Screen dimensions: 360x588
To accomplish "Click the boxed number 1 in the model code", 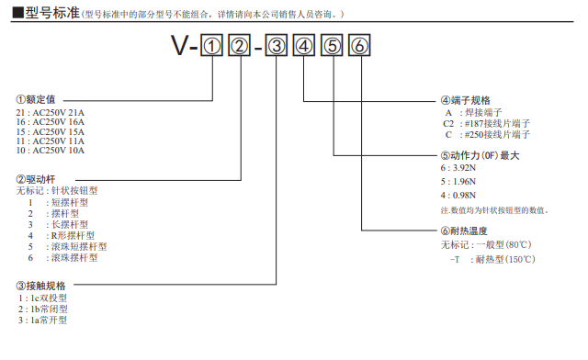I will [212, 45].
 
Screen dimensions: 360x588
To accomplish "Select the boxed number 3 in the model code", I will [276, 45].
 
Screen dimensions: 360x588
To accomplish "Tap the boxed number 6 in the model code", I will [361, 45].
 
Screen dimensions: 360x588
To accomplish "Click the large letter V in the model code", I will [181, 45].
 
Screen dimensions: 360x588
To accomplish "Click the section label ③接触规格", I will [41, 287].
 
